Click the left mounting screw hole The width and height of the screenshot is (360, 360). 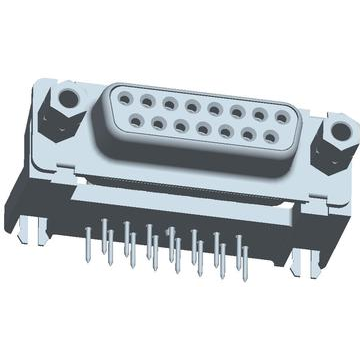67,99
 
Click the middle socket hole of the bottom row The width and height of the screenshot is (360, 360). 203,129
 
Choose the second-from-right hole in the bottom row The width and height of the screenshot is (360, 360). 248,134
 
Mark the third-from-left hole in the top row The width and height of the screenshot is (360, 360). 170,102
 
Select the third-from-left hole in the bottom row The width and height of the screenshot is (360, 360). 181,126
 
